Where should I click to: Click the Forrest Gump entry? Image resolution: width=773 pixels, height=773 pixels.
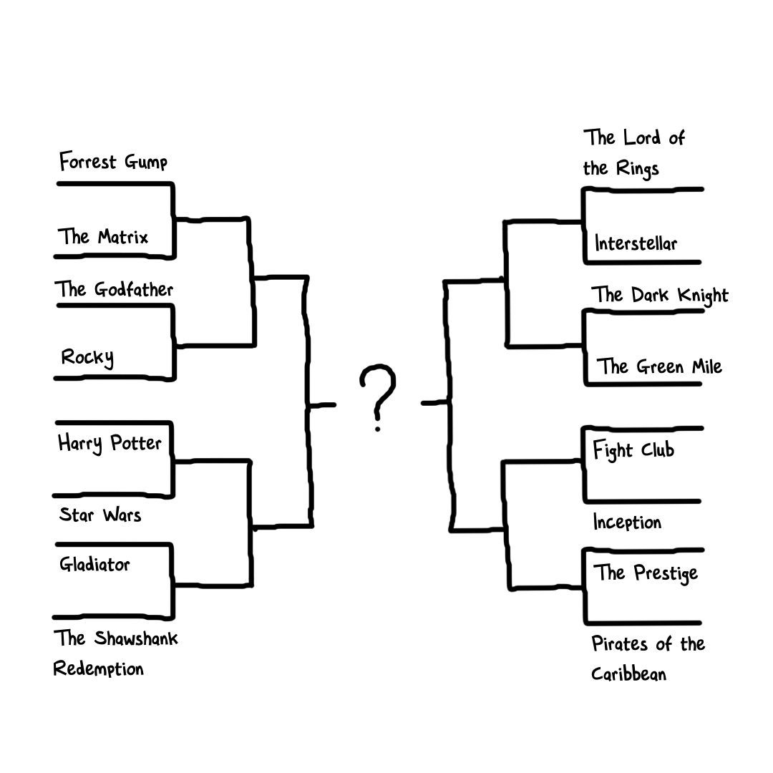(113, 161)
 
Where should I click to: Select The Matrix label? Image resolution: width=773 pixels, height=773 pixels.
(103, 237)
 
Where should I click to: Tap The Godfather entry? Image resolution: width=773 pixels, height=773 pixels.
(114, 289)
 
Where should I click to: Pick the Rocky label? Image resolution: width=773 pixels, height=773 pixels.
(87, 357)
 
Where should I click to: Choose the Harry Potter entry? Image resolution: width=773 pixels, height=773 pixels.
(110, 443)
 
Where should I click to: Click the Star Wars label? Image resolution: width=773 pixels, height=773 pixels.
(100, 515)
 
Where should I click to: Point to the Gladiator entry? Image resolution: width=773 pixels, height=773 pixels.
(94, 564)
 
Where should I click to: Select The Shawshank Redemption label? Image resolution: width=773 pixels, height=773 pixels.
(115, 653)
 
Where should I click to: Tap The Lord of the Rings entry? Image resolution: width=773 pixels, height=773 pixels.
(634, 153)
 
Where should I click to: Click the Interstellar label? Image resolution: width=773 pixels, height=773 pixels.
(636, 243)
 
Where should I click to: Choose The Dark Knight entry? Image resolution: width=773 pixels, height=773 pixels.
(660, 296)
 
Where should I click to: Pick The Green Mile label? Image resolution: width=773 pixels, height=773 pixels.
(659, 366)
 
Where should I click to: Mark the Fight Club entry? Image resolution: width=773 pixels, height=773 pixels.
(633, 450)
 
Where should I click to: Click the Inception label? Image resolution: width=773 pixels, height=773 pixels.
(627, 522)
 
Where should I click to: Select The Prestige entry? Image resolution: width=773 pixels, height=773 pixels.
(646, 573)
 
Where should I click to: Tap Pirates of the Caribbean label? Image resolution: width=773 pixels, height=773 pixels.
(648, 658)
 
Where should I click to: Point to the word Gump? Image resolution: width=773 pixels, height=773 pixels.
(146, 162)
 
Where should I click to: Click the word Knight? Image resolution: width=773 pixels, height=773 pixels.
(703, 296)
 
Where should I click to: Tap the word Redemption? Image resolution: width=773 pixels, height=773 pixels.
(99, 669)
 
